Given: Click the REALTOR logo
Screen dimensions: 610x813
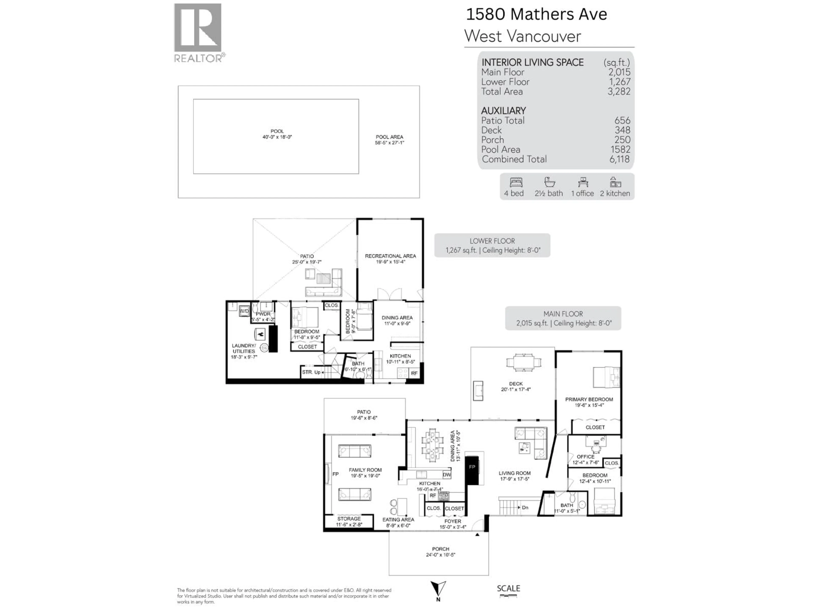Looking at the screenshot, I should [198, 33].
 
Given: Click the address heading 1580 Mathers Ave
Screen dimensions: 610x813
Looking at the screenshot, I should [536, 14].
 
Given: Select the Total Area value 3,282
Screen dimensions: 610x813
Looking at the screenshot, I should [619, 91].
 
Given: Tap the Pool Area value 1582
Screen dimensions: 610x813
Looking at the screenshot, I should [620, 149].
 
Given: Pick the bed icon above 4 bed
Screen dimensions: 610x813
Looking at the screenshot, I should [516, 182].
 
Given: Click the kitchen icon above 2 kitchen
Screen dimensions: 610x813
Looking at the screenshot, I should [615, 182].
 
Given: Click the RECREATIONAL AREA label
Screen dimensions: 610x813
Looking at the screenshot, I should [390, 256].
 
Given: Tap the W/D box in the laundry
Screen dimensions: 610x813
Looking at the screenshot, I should [244, 311].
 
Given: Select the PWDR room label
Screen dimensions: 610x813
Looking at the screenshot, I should [263, 314].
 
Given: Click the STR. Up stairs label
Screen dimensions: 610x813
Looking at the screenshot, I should [311, 372].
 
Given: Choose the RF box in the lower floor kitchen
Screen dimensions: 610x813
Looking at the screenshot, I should [414, 373].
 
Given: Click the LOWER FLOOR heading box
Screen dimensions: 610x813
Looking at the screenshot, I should [492, 245].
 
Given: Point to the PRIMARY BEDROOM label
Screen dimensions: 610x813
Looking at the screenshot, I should [589, 399].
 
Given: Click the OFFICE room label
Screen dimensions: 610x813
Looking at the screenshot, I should [585, 457].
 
